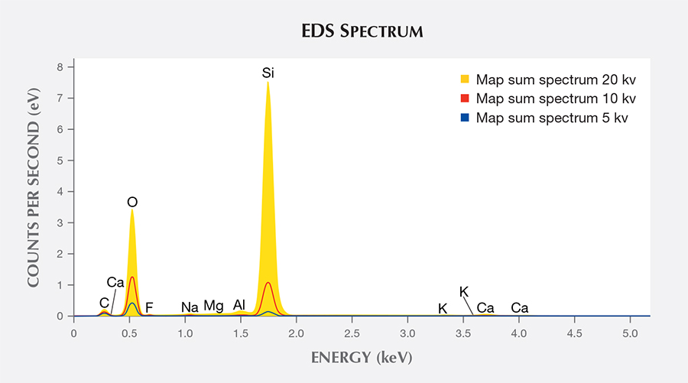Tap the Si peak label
pos(268,73)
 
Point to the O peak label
pos(132,202)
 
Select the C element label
pos(104,303)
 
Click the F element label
pos(149,307)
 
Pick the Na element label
pos(190,307)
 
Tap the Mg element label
pos(213,307)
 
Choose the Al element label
pos(239,305)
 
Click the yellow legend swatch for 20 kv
pos(464,80)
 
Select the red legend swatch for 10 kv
pos(464,99)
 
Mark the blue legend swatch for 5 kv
pos(464,118)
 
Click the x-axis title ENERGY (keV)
pos(361,357)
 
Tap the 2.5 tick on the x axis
pos(352,333)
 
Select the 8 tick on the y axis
pos(60,67)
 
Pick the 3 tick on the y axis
pos(60,222)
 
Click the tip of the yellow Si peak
pos(268,83)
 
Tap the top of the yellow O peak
pos(132,210)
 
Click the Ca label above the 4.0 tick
pos(520,308)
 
